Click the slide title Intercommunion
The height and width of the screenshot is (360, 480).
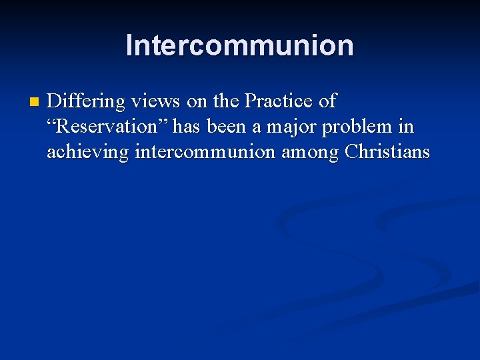pyautogui.click(x=239, y=45)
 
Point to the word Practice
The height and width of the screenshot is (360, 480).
pyautogui.click(x=279, y=102)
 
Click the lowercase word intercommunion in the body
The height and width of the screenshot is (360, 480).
pyautogui.click(x=205, y=152)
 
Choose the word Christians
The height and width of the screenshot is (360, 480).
pyautogui.click(x=387, y=152)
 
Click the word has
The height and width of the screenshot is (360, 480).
pyautogui.click(x=187, y=127)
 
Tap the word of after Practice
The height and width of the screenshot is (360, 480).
pyautogui.click(x=327, y=102)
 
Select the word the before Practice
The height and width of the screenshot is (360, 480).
pyautogui.click(x=227, y=102)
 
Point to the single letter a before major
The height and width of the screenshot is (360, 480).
pyautogui.click(x=256, y=128)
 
